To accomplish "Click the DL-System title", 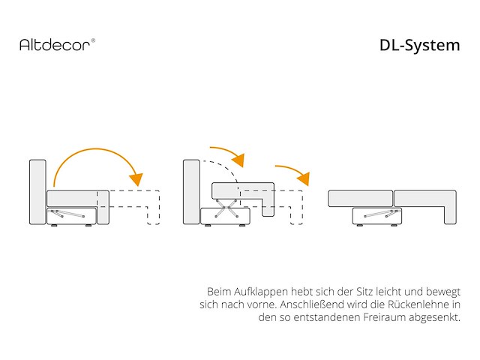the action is click(x=420, y=46).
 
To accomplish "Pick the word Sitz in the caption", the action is click(x=364, y=292).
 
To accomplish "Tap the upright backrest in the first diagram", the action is click(x=37, y=192).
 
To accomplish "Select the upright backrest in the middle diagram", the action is click(x=191, y=192).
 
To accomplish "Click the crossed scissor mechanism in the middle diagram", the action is click(x=226, y=208).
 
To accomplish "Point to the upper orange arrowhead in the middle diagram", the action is click(x=238, y=160).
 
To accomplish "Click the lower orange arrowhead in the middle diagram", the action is click(x=304, y=178).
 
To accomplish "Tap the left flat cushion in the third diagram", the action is click(x=360, y=198).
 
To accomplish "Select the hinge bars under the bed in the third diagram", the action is click(x=382, y=213).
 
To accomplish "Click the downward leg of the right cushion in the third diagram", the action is click(x=450, y=215).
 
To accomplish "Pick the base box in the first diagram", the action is click(x=72, y=216).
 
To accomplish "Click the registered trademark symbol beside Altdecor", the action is click(x=93, y=40).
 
